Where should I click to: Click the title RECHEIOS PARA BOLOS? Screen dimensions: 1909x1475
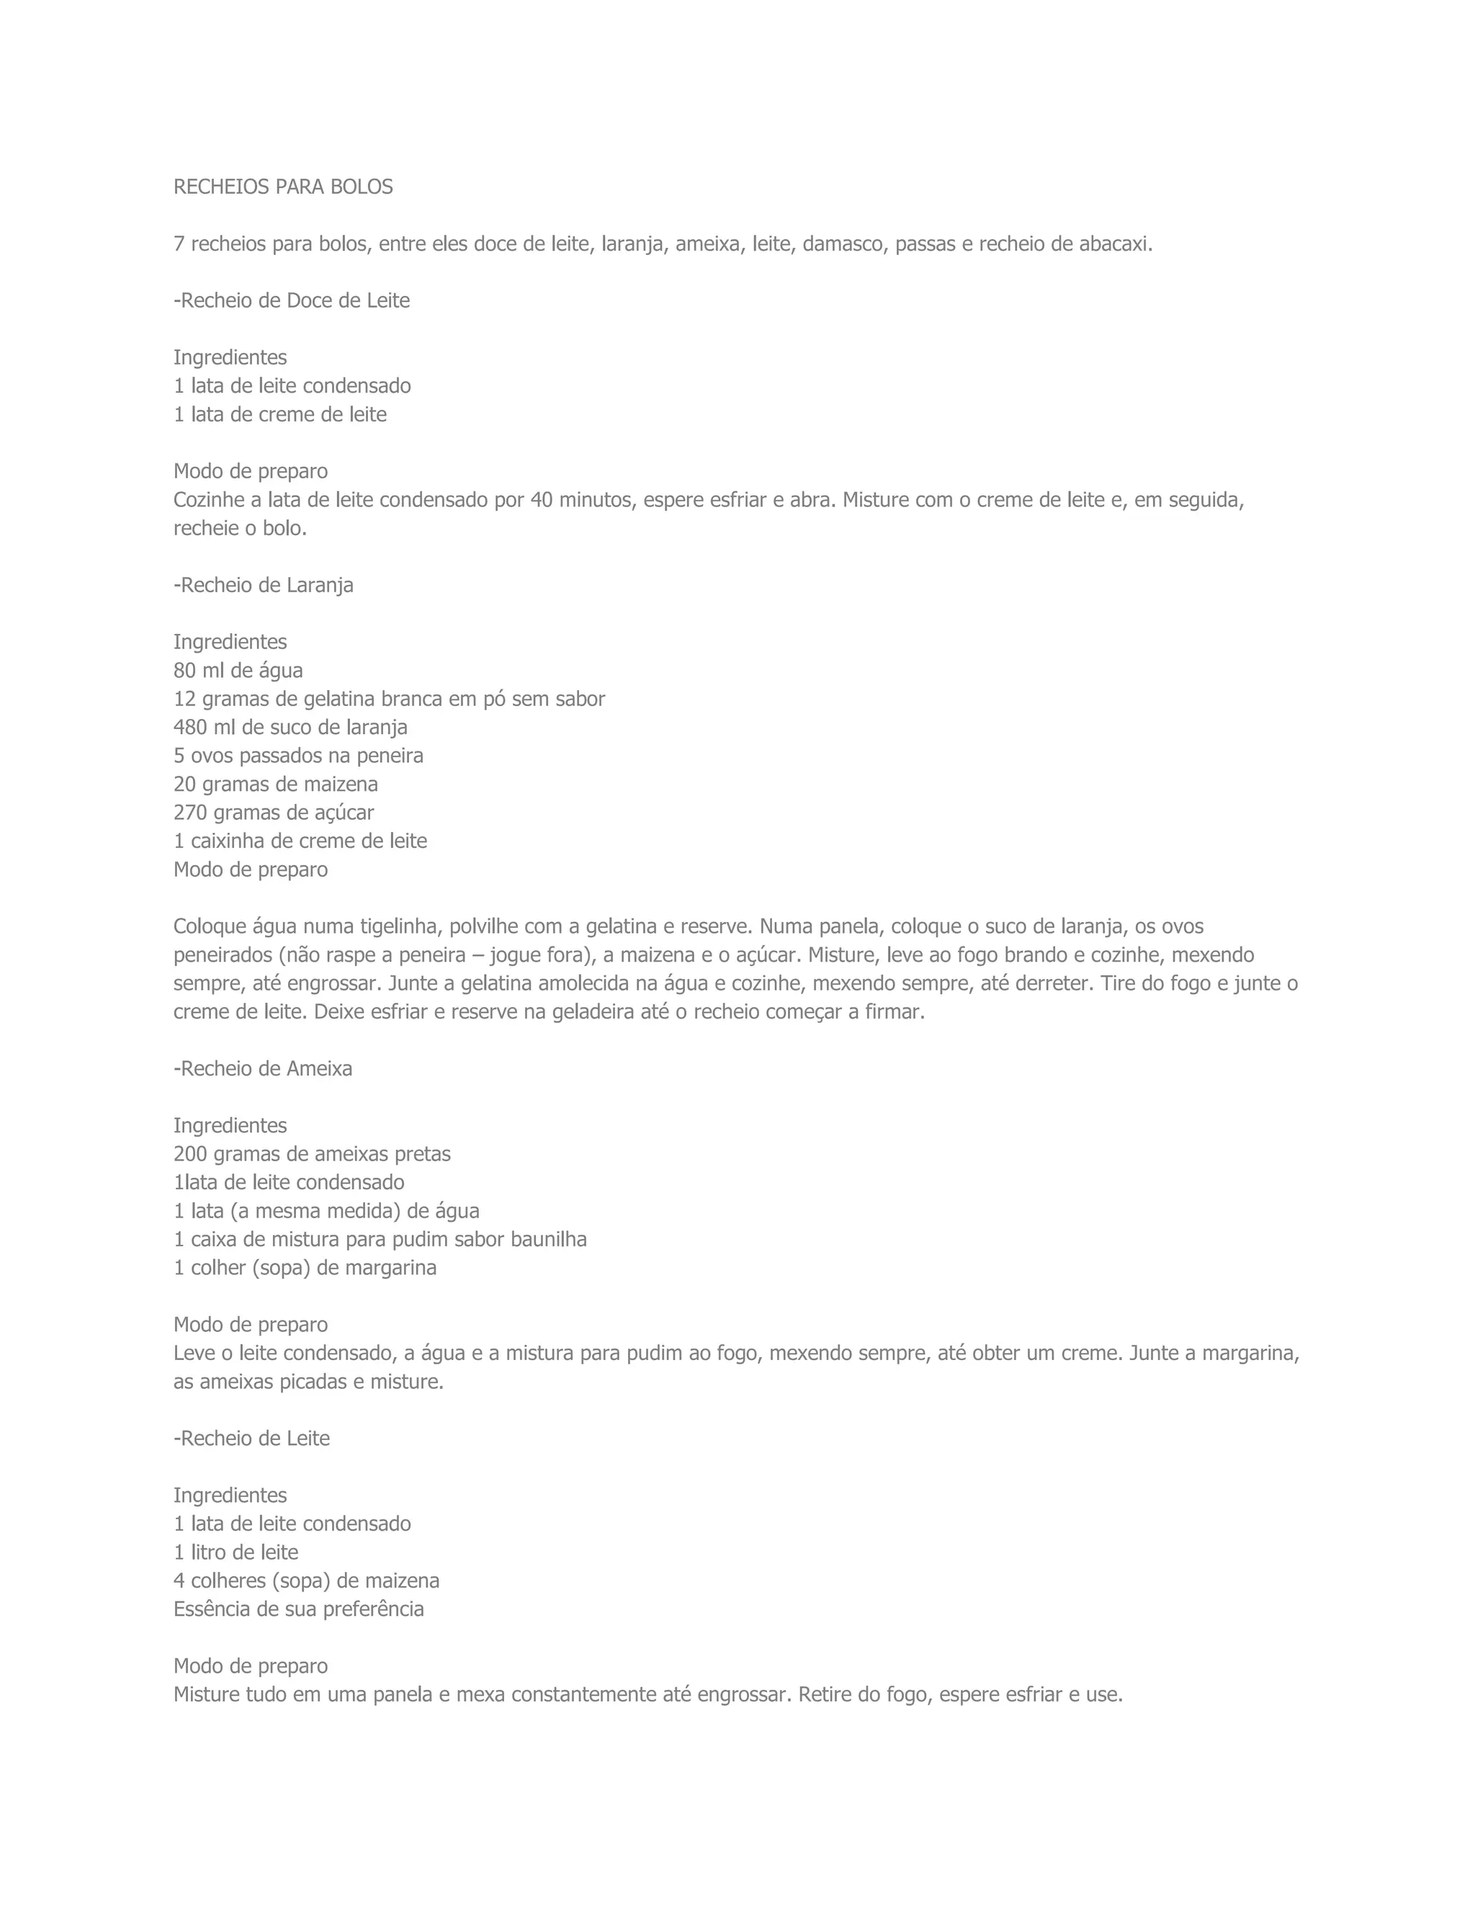point(283,187)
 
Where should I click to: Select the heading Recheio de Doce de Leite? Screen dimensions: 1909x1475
point(292,300)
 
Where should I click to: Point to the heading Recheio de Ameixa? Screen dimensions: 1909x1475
point(263,1068)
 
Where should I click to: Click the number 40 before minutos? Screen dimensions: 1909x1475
point(542,500)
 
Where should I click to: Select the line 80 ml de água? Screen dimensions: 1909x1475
point(238,671)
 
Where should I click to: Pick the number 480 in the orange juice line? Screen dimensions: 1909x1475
point(189,728)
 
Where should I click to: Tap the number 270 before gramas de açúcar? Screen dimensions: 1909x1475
point(189,813)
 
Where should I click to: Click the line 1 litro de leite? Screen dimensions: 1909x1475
point(236,1552)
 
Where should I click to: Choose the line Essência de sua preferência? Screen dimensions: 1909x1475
point(298,1609)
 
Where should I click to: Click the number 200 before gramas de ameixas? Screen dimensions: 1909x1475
point(189,1154)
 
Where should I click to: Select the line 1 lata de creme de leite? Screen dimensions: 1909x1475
point(279,414)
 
